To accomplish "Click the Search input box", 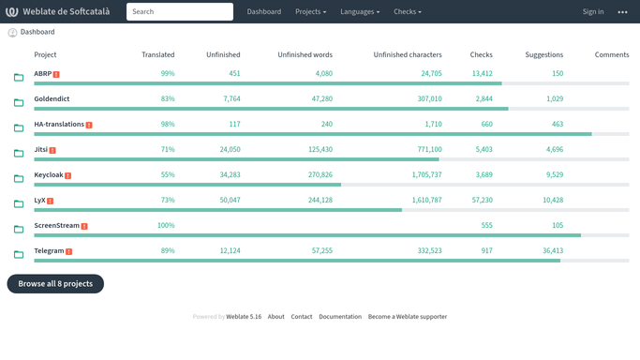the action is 180,12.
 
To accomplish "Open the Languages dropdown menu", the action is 360,12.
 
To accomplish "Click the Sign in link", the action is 592,12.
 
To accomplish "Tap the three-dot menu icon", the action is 622,12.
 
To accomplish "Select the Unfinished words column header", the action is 305,54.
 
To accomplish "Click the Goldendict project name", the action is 52,98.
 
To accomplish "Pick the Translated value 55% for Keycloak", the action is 168,174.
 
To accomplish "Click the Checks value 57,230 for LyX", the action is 482,200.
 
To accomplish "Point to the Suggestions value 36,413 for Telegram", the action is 553,250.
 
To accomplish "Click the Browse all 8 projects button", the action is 55,284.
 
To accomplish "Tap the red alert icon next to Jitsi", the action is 52,150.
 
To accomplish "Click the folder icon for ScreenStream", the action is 19,230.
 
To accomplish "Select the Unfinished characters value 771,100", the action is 429,149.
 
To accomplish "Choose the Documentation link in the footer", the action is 340,317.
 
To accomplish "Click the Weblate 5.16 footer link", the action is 244,317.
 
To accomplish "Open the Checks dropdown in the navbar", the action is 408,12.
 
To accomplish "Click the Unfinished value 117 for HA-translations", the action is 234,124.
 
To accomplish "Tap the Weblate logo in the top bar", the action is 12,12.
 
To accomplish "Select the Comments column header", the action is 612,54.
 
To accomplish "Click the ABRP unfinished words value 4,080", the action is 324,73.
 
